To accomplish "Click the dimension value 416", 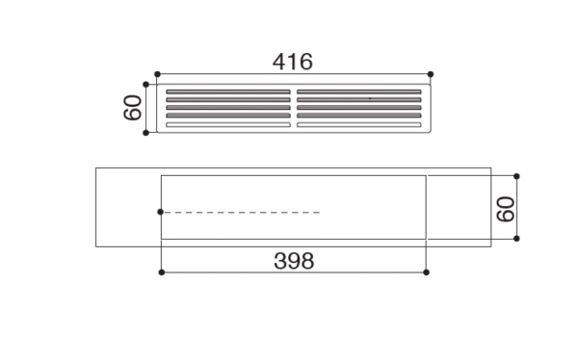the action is [293, 62].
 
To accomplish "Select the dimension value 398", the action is [294, 261].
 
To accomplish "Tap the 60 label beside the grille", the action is [132, 108].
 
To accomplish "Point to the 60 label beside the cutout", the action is [506, 209].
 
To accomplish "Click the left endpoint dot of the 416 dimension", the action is [157, 74].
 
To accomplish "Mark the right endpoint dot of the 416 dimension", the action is [431, 74].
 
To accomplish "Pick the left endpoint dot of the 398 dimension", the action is [162, 272].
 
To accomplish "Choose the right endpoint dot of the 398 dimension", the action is [426, 272].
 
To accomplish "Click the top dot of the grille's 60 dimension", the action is [145, 85].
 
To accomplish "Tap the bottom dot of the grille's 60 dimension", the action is [145, 133].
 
